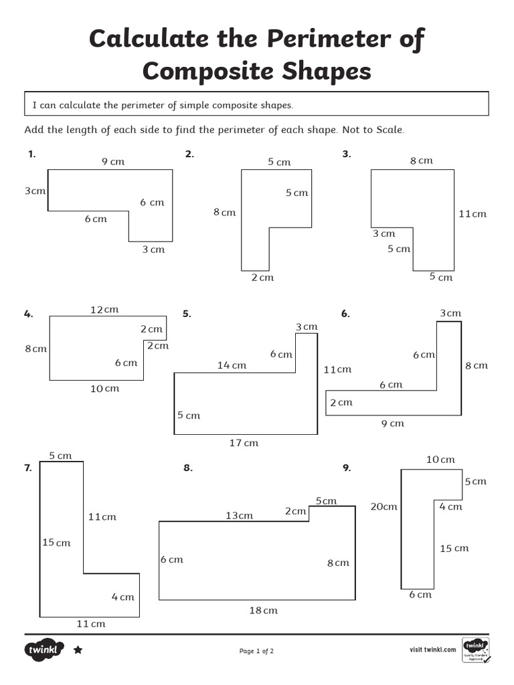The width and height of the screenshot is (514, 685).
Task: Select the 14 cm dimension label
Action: click(x=232, y=365)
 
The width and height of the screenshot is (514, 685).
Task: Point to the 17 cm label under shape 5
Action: click(x=244, y=443)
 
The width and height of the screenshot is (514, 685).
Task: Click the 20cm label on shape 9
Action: click(x=383, y=506)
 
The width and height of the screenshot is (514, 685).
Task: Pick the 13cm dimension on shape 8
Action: click(x=239, y=515)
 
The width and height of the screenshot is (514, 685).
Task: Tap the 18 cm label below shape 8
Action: click(x=263, y=610)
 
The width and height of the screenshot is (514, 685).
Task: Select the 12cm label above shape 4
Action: click(x=104, y=309)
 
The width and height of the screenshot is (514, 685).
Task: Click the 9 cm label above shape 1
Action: click(x=113, y=161)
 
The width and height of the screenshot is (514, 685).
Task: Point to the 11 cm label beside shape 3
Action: click(x=473, y=214)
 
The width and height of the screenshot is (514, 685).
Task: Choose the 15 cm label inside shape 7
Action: click(x=56, y=543)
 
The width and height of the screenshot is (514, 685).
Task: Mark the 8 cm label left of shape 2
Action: click(x=225, y=212)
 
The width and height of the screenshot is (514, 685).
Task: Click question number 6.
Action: click(x=345, y=314)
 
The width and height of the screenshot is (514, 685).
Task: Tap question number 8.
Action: click(x=188, y=468)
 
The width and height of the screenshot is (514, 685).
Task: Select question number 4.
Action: click(x=28, y=314)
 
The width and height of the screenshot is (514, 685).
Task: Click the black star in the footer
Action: click(x=78, y=650)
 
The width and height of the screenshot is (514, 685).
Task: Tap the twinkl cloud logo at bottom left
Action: click(x=45, y=650)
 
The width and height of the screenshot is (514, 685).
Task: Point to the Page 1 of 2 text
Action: click(x=256, y=651)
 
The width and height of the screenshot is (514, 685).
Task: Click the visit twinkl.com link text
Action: click(x=432, y=650)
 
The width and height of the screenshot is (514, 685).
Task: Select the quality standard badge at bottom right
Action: click(x=475, y=650)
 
